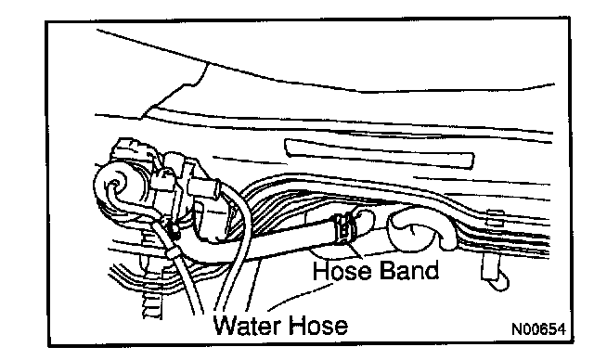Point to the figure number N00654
538,329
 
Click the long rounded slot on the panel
379,153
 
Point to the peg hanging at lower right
495,272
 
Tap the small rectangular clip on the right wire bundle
496,217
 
